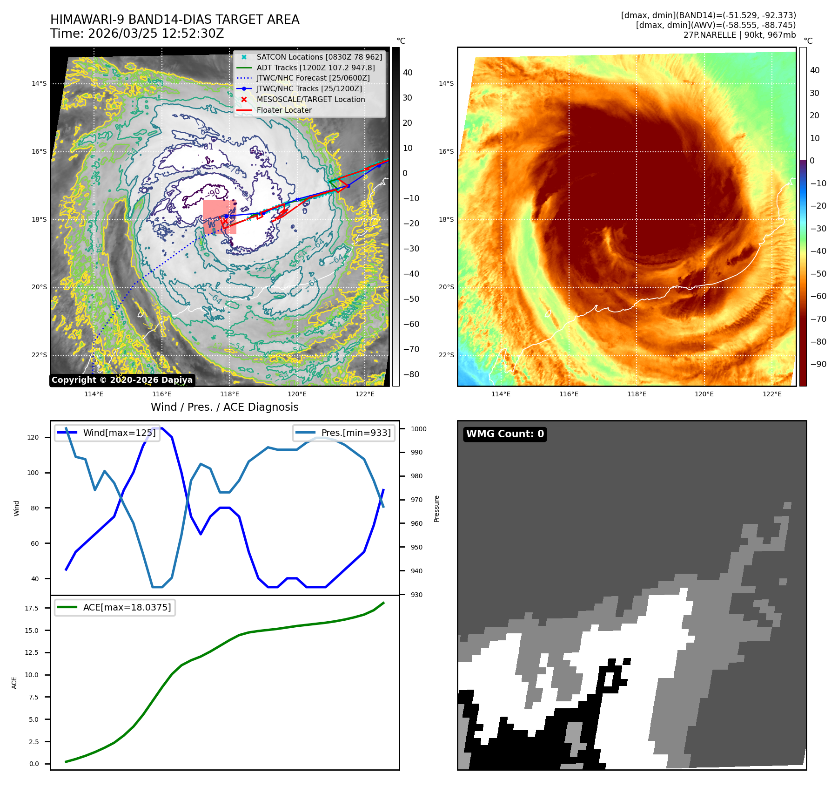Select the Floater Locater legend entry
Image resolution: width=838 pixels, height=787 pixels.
pos(284,110)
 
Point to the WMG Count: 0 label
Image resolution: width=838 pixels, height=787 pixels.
pos(505,434)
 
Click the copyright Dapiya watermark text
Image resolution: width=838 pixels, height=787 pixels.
pos(122,380)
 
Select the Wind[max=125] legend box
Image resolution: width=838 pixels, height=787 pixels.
pos(107,433)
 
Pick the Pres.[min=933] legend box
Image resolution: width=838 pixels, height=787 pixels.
pos(344,433)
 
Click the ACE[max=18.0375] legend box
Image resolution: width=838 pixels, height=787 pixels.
pos(115,607)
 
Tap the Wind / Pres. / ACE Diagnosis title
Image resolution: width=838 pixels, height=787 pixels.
pos(224,407)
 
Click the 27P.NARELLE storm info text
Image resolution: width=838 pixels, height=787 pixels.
pos(739,35)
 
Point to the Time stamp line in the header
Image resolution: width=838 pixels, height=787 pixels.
pos(137,34)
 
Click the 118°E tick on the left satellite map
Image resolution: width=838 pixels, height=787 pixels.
pos(229,394)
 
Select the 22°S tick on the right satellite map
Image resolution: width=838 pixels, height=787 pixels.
pos(446,355)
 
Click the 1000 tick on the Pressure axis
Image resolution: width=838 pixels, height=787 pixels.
pos(418,429)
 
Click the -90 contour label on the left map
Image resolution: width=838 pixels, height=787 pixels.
pos(214,192)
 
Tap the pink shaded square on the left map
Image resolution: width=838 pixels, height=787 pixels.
pos(219,217)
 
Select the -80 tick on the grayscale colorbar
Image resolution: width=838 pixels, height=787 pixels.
pos(411,374)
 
